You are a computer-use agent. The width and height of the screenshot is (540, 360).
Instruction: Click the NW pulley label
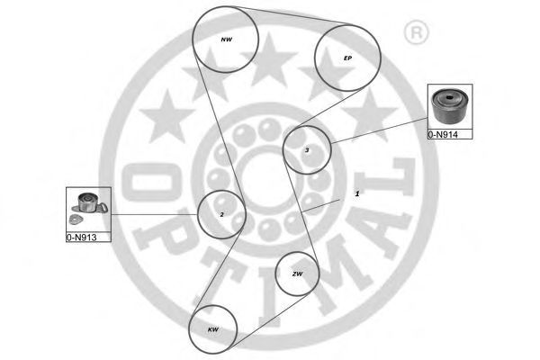226,40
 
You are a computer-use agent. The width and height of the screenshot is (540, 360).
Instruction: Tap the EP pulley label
347,58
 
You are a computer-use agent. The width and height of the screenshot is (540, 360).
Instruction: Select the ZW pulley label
297,274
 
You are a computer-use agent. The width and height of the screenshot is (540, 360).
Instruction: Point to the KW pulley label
212,329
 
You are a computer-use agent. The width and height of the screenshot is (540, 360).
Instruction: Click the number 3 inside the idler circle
307,150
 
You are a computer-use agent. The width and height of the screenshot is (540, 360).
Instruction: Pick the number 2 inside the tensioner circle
221,214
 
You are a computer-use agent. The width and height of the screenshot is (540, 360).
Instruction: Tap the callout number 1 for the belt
357,194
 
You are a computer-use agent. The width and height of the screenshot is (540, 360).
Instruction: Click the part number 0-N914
443,135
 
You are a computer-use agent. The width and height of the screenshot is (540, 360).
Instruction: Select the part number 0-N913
81,238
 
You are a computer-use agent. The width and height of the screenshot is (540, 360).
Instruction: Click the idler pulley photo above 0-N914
450,106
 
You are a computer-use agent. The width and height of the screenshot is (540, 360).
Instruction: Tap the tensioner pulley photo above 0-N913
89,203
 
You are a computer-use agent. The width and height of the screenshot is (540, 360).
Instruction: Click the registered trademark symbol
416,32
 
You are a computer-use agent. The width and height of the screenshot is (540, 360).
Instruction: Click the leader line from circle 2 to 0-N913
154,214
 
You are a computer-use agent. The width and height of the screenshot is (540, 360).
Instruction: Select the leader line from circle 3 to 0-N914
379,130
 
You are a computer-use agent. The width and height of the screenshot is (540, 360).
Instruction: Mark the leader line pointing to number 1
320,206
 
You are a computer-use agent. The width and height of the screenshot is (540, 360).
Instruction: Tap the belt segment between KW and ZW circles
270,321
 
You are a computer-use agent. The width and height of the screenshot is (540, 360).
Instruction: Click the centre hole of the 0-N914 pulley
449,97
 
